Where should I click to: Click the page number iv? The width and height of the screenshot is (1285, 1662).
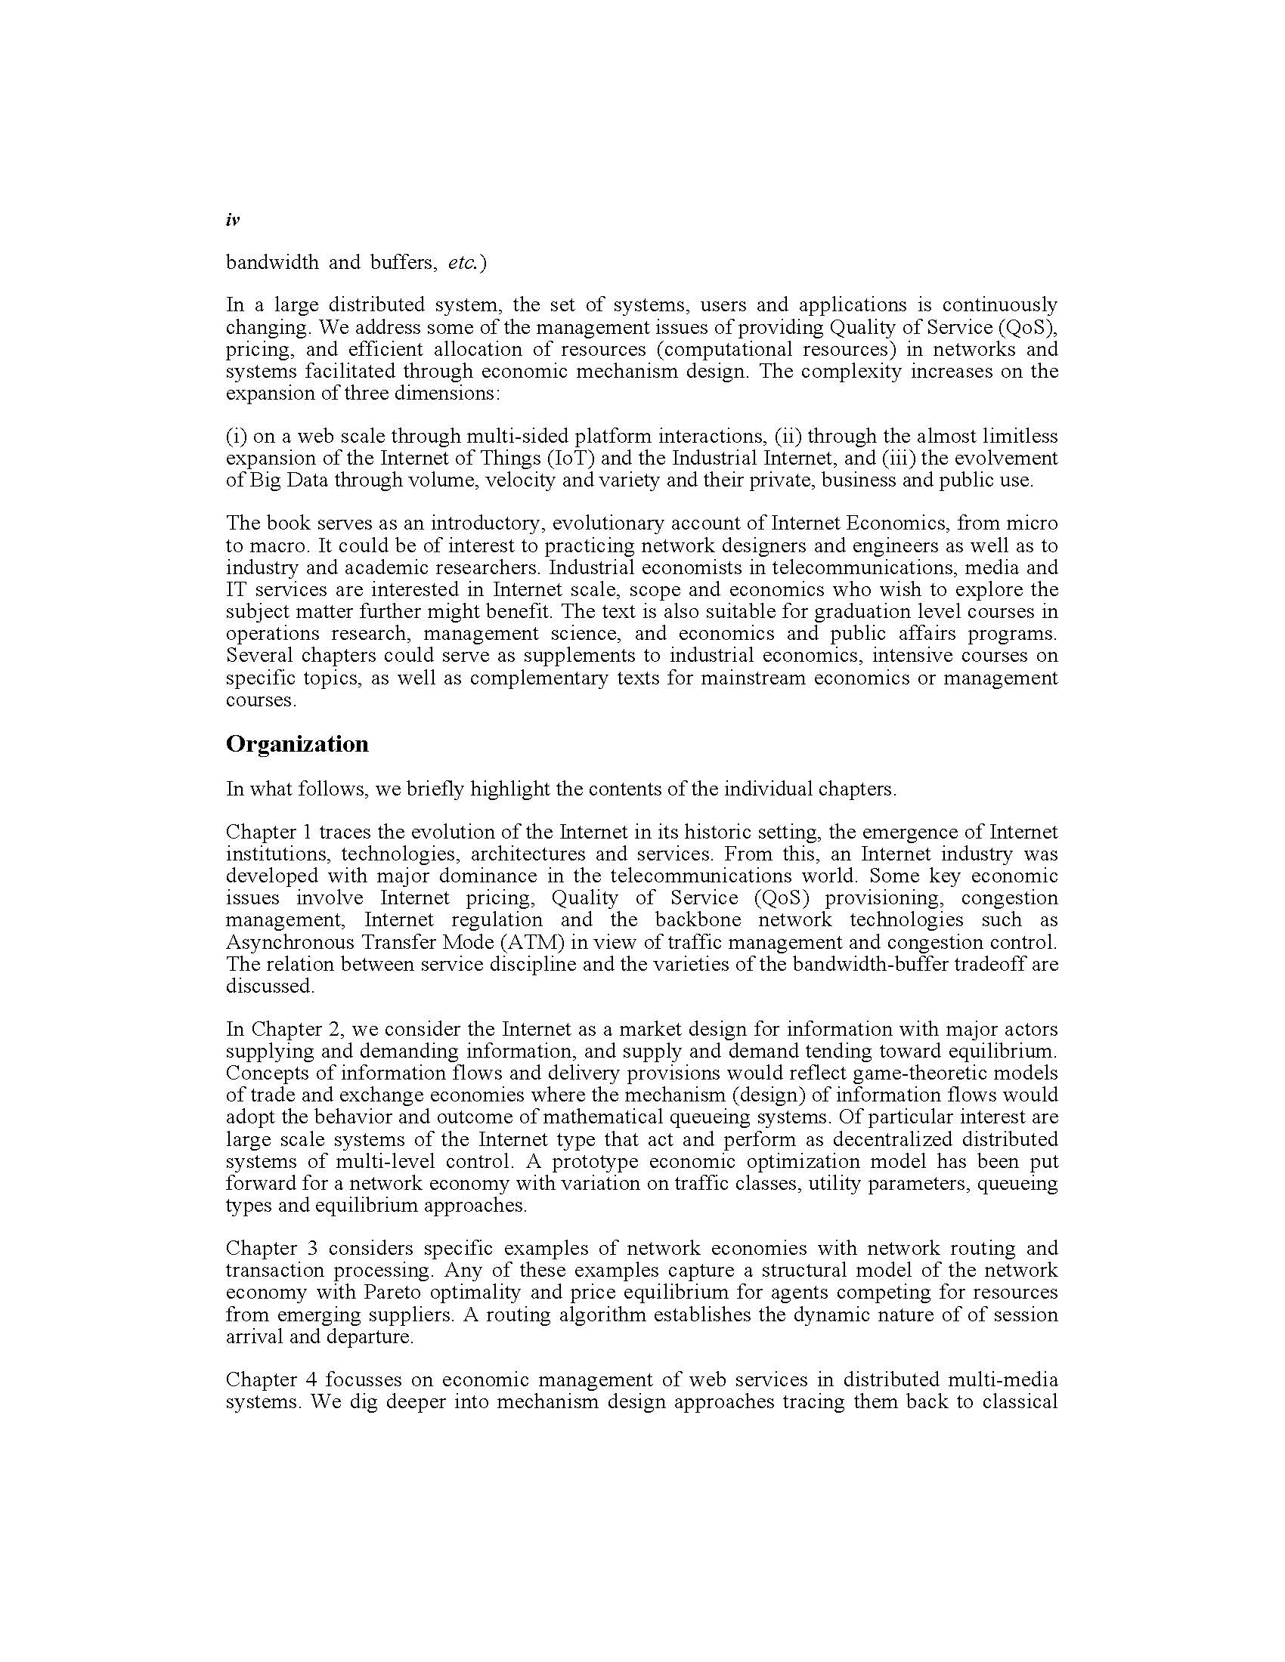pyautogui.click(x=233, y=220)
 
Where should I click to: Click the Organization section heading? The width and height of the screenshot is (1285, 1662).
pyautogui.click(x=297, y=744)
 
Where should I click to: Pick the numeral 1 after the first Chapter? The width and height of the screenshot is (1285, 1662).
pyautogui.click(x=308, y=832)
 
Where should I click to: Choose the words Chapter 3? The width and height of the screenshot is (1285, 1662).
pyautogui.click(x=271, y=1248)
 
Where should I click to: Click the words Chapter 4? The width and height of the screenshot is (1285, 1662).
pyautogui.click(x=271, y=1379)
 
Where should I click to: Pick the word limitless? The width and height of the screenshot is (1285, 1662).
pyautogui.click(x=1020, y=436)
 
